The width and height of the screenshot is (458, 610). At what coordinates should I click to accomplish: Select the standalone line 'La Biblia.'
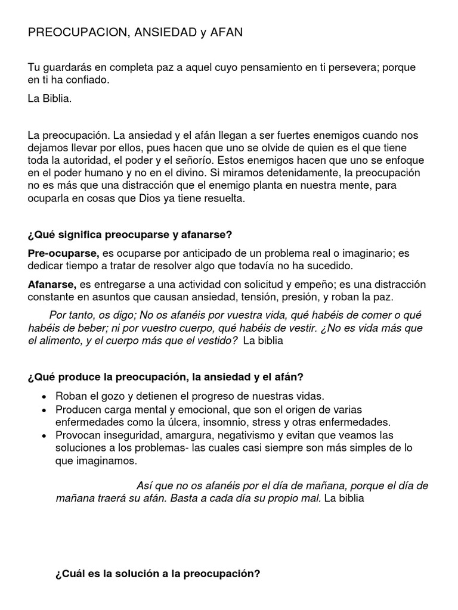[49, 99]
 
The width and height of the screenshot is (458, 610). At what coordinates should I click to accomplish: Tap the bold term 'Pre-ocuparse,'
[64, 253]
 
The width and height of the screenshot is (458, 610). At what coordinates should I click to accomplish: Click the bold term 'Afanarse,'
[52, 284]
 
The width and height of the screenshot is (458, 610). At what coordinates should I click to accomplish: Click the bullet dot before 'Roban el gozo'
[46, 397]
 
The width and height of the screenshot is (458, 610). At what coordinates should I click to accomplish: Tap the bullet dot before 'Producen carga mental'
[46, 410]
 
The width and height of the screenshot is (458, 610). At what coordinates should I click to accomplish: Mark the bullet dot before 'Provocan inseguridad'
[46, 435]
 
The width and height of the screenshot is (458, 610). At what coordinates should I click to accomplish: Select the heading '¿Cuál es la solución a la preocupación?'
[157, 575]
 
